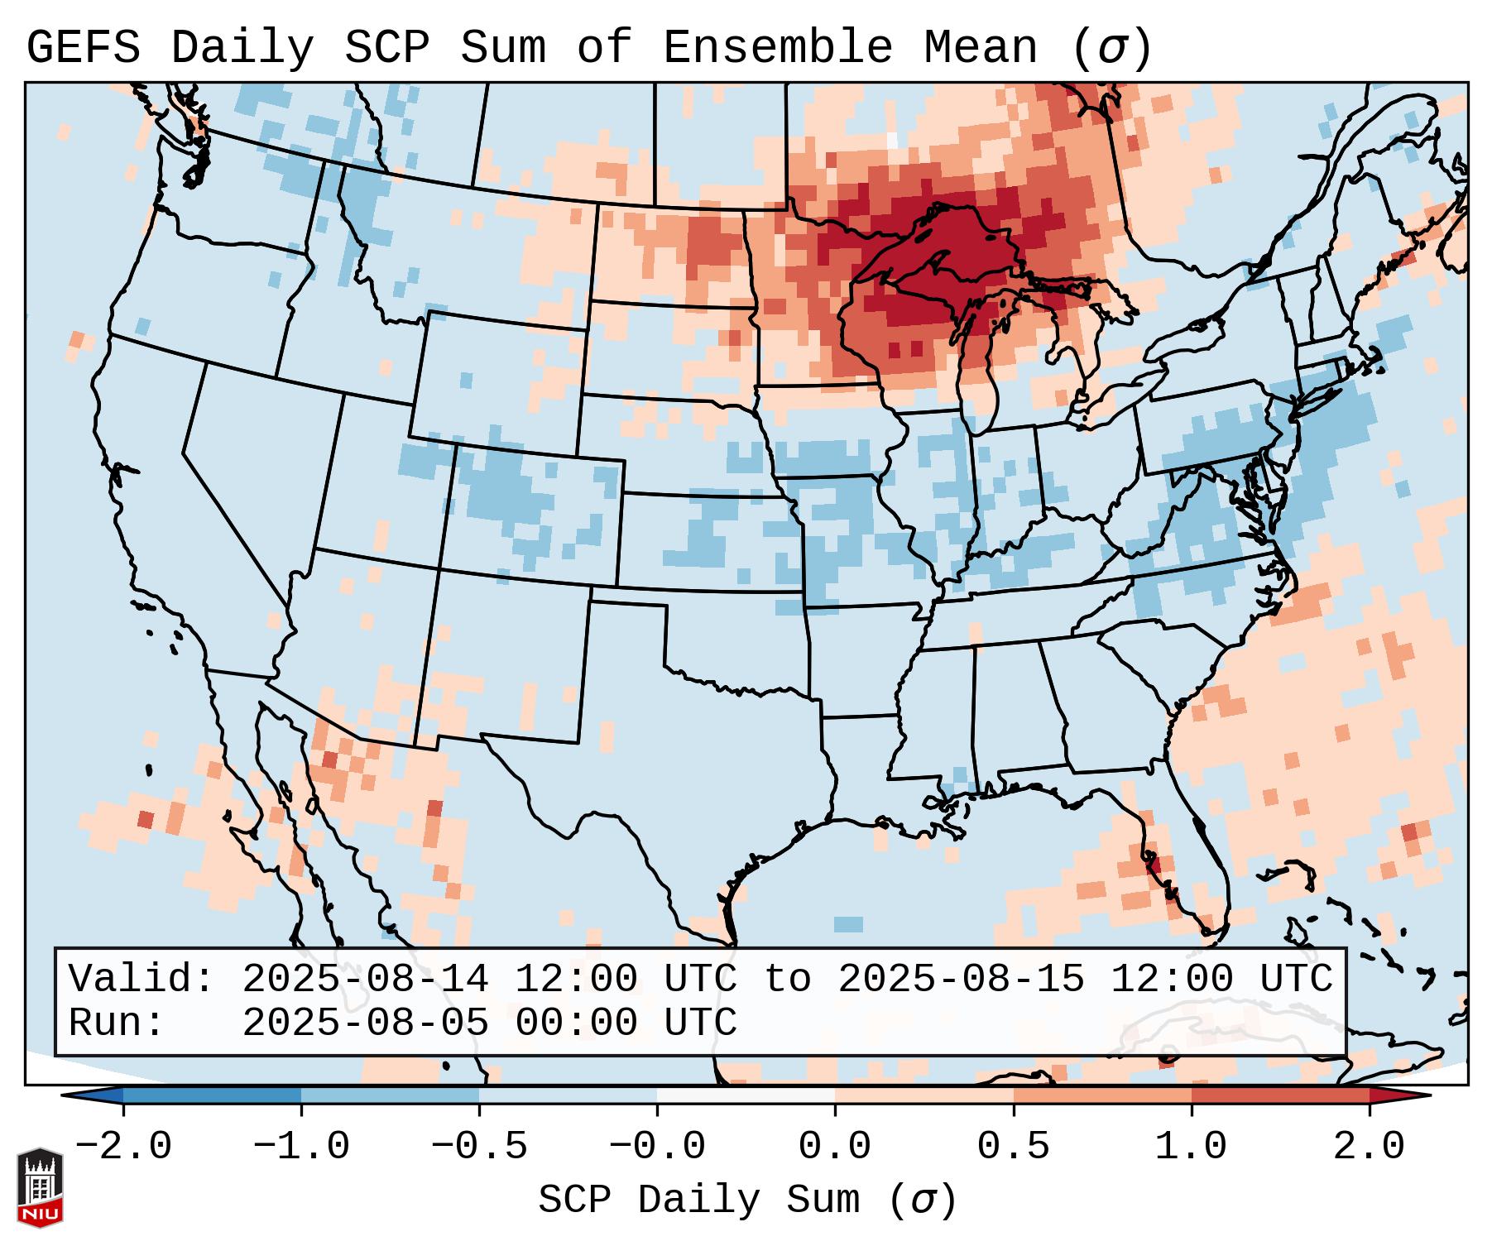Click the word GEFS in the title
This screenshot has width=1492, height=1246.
tap(83, 47)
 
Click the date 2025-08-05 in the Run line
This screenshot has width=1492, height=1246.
tap(365, 1023)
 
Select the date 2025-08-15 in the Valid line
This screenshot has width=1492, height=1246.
tap(961, 980)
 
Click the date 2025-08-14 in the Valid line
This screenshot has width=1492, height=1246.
tap(365, 980)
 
